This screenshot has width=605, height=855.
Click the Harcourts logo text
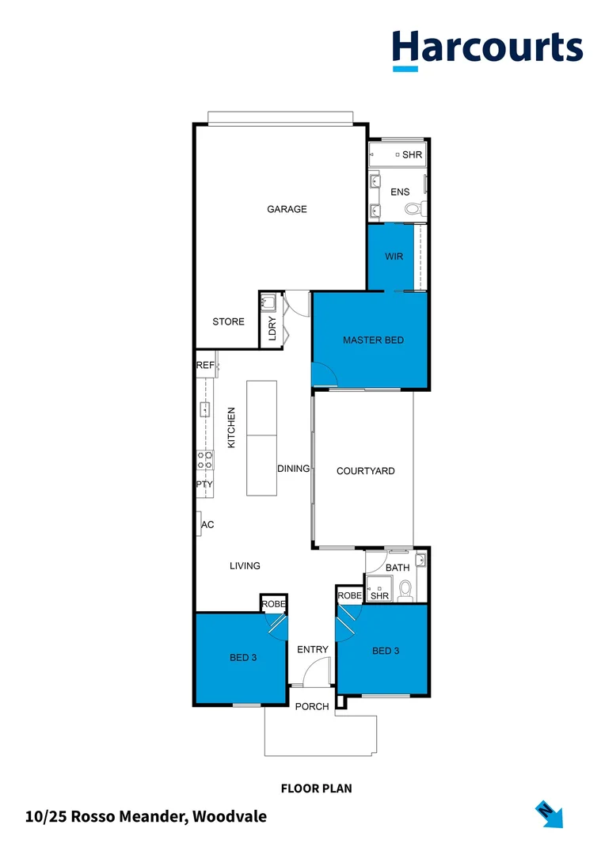[x=487, y=47]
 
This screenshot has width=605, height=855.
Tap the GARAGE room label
[x=287, y=209]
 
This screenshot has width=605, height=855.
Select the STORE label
[x=228, y=321]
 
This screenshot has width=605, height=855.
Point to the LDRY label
[x=272, y=329]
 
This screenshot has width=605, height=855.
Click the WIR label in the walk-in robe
[x=394, y=257]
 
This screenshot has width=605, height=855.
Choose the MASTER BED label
[x=373, y=340]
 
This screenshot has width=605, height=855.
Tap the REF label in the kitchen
[x=204, y=365]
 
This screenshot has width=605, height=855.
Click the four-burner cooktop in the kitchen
[x=204, y=461]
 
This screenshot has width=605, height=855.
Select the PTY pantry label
[x=204, y=484]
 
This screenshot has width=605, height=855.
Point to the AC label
[x=207, y=524]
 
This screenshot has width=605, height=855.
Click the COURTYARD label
[x=365, y=471]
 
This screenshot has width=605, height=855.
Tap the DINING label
[x=293, y=469]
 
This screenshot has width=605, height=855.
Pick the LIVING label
[x=245, y=565]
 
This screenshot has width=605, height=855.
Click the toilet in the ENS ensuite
[x=413, y=209]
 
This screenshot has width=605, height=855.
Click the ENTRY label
[x=312, y=649]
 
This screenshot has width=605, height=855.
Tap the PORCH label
[x=311, y=706]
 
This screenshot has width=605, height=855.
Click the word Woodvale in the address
[x=230, y=816]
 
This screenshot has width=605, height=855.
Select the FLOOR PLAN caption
[x=316, y=788]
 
